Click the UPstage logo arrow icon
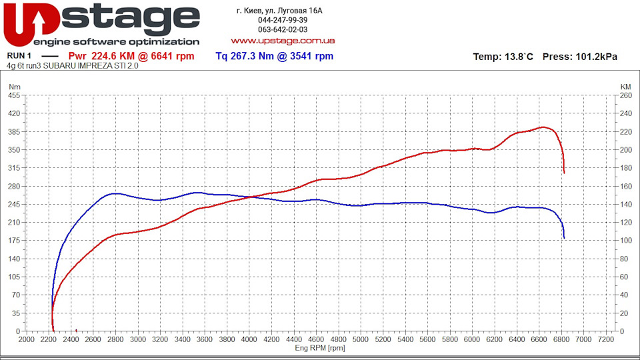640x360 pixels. (38, 23)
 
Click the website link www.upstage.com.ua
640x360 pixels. (283, 41)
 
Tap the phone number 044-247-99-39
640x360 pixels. (283, 20)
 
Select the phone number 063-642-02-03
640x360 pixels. (283, 29)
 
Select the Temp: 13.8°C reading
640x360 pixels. (503, 57)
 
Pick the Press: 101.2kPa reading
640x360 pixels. (579, 57)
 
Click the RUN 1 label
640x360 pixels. (19, 56)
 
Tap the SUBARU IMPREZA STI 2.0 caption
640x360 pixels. (91, 66)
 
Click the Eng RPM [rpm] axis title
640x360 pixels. (320, 348)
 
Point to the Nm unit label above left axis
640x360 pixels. (15, 87)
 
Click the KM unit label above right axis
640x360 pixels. (625, 87)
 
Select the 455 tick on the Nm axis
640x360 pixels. (14, 95)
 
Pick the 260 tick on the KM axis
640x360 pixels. (626, 95)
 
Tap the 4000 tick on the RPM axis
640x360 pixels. (249, 339)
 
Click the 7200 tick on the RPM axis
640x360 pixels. (605, 339)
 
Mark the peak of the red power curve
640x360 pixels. (543, 127)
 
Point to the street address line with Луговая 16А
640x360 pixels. (279, 11)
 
